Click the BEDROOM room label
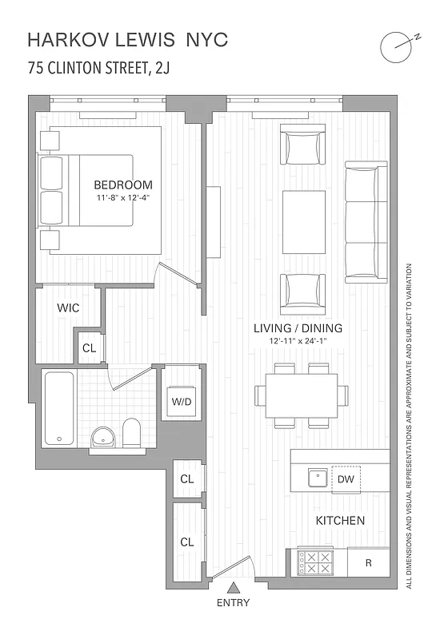coord(122,185)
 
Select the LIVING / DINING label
coord(298,328)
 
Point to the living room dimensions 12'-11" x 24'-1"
coord(298,341)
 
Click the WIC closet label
coord(67,308)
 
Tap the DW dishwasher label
coord(346,479)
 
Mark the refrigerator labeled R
coord(369,562)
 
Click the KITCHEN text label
coord(340,521)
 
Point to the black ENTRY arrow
coord(233,589)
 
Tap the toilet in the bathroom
coord(131,433)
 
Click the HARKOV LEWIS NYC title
coord(127,39)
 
